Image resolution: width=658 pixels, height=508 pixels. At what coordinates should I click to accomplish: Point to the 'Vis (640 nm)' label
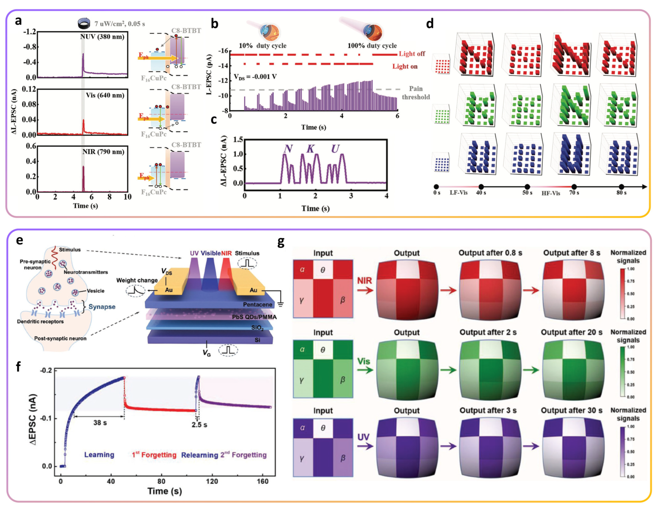pyautogui.click(x=105, y=95)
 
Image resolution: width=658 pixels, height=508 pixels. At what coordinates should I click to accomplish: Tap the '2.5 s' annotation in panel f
pyautogui.click(x=199, y=425)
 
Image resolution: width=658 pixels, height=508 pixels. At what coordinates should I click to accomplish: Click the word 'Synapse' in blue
pyautogui.click(x=102, y=307)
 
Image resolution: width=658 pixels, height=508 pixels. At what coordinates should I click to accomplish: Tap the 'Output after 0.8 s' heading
pyautogui.click(x=490, y=253)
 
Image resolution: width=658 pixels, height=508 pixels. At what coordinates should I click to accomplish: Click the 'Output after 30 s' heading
pyautogui.click(x=572, y=410)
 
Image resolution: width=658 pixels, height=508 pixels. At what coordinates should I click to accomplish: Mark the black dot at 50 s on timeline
pyautogui.click(x=527, y=187)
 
